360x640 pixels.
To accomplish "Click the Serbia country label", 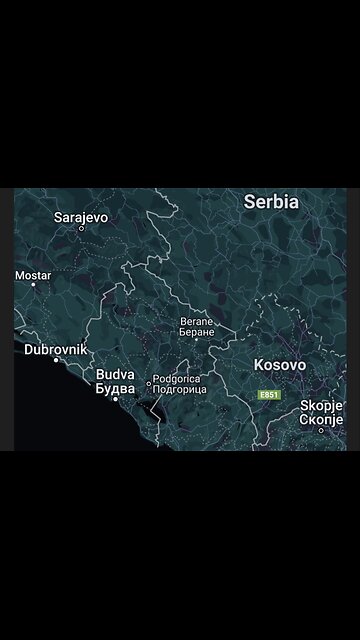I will coord(271,201).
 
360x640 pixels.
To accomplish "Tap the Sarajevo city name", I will coord(81,216).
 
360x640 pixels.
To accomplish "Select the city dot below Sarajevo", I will coord(82,228).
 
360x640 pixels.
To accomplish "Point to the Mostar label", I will coord(33,274).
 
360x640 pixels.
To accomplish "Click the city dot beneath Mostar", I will coord(33,285).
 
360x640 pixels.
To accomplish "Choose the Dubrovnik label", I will coord(55,349).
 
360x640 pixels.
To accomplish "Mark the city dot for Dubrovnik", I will coord(56,360).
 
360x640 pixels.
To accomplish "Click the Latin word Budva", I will coord(115,375).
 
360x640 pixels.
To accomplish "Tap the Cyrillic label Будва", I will coord(115,388).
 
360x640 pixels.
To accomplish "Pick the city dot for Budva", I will coord(116,398).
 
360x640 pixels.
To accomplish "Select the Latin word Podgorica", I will coord(176,379).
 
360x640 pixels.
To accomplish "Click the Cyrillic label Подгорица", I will coord(179,389).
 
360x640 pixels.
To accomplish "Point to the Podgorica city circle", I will coord(149,383).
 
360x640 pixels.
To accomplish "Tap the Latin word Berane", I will coord(196,321).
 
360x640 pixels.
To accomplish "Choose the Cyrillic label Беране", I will coord(197,331).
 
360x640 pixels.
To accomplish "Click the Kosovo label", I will coord(280,365).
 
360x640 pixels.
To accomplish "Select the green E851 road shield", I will coord(269,395).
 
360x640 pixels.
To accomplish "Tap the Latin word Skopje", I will coord(322,406).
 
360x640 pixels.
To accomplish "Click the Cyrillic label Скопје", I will coord(322,419).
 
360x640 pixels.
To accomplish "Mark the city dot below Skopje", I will coord(322,430).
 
